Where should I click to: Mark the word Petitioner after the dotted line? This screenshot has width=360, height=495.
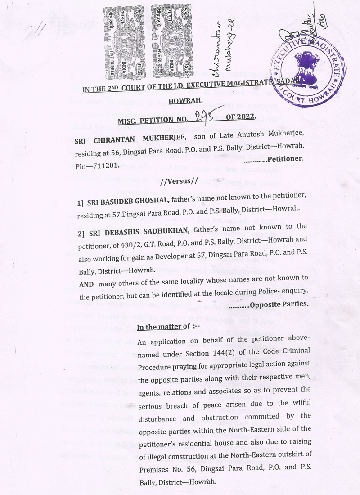[286, 159]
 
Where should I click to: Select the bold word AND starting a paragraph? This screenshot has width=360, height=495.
[86, 284]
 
